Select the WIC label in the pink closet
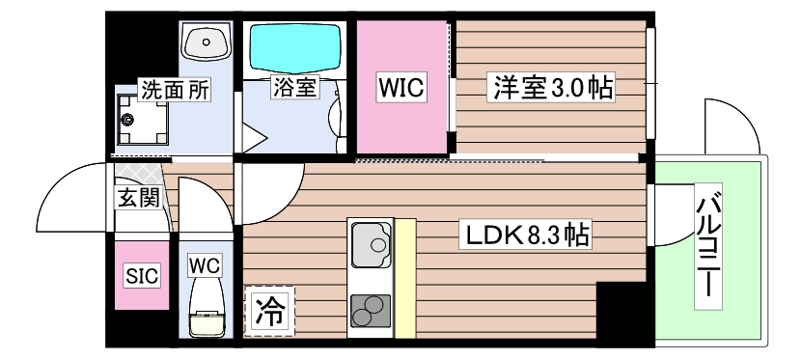(x=401, y=89)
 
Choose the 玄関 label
(x=133, y=200)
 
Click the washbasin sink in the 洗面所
(x=205, y=42)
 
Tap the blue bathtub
(x=295, y=43)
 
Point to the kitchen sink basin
(x=371, y=244)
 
